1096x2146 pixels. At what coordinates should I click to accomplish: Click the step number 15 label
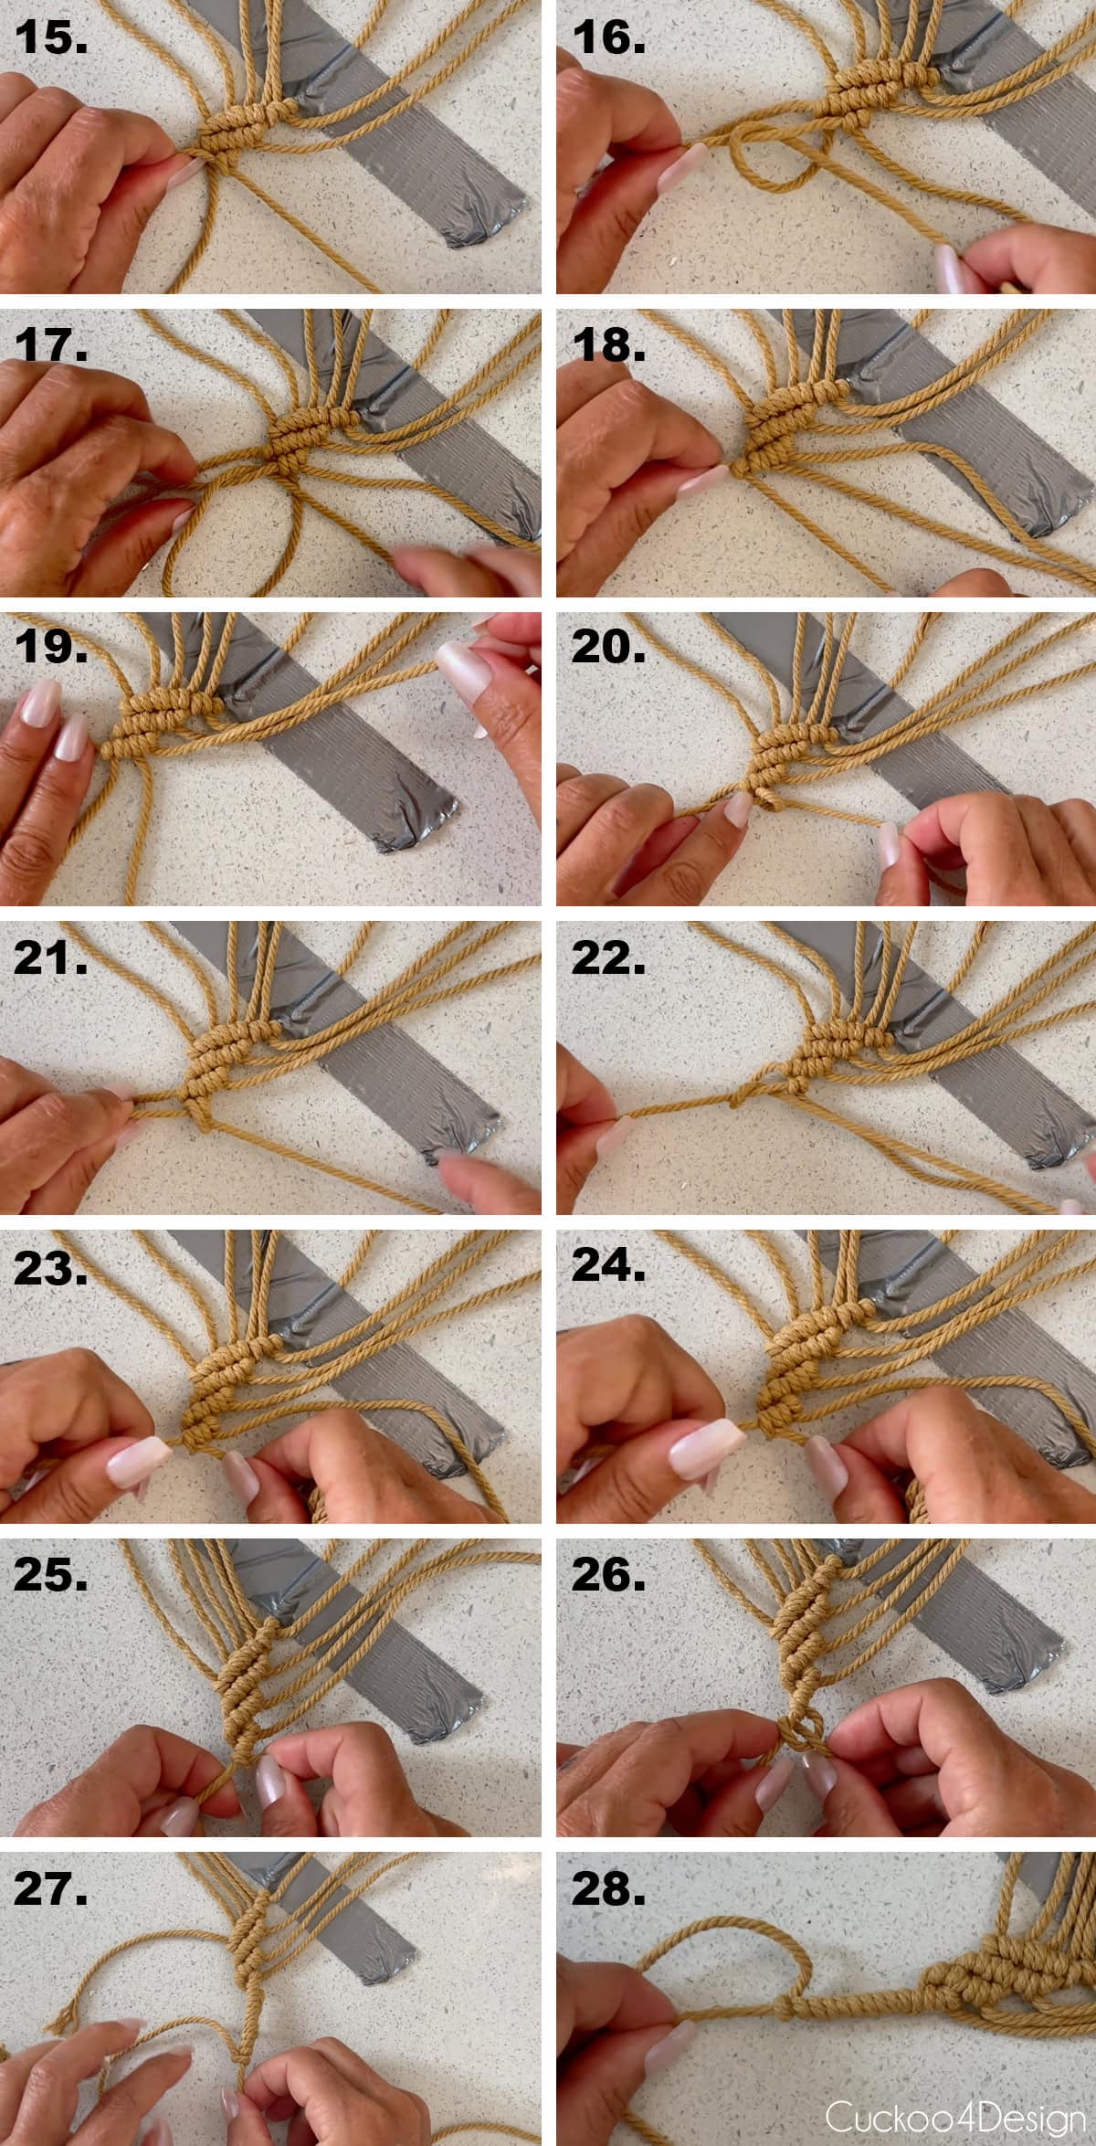click(x=50, y=38)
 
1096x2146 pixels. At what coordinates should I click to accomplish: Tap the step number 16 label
click(x=608, y=38)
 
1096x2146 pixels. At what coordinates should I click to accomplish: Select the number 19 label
click(x=50, y=647)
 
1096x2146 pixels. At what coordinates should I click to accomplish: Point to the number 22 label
click(x=608, y=957)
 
